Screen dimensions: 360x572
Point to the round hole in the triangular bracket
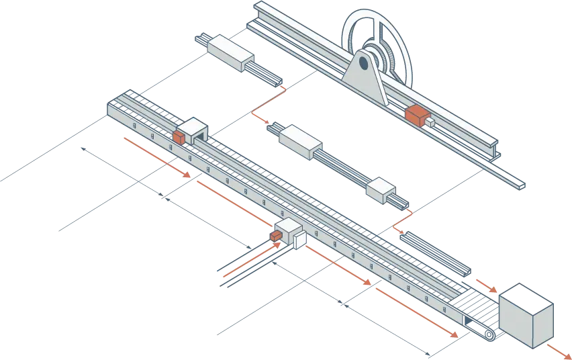tap(363, 64)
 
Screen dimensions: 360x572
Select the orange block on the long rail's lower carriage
tap(276, 235)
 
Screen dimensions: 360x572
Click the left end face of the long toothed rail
tap(112, 110)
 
